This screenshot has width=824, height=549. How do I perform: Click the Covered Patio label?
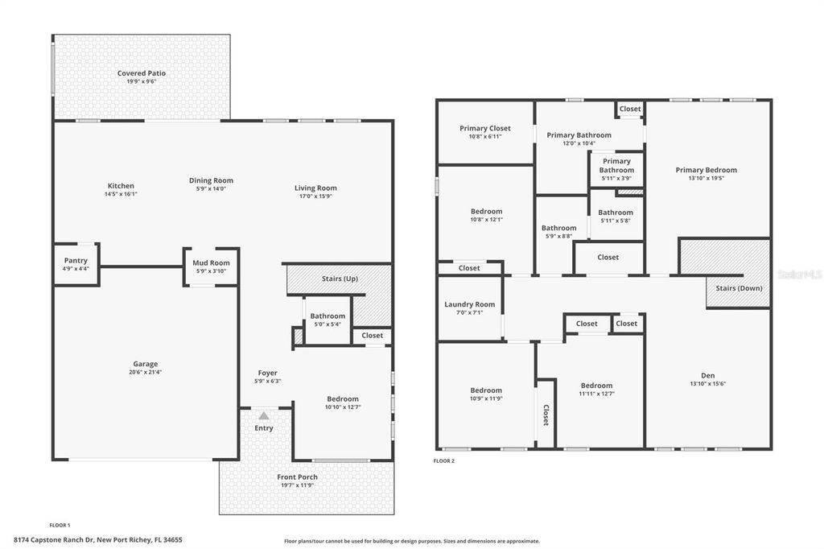142,73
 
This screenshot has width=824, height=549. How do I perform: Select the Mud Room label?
211,263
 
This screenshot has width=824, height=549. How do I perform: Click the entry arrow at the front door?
263,415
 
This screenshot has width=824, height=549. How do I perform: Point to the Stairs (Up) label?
339,279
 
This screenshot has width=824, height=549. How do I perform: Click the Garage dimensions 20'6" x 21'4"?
146,372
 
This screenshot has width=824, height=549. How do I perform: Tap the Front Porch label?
297,477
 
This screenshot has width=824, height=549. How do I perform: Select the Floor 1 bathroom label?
328,316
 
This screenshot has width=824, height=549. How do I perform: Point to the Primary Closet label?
485,128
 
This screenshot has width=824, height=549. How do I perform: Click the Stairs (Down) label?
739,287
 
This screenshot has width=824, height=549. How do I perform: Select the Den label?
708,375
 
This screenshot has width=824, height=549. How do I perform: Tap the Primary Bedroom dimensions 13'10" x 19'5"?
706,178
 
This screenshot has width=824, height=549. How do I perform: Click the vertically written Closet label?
546,414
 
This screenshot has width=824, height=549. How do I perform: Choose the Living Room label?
315,188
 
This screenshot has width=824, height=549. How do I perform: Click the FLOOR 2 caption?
444,460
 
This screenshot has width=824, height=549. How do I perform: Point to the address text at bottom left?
98,539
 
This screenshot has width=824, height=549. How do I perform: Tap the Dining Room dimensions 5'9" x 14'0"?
211,188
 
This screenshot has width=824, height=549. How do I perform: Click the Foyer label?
267,373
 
